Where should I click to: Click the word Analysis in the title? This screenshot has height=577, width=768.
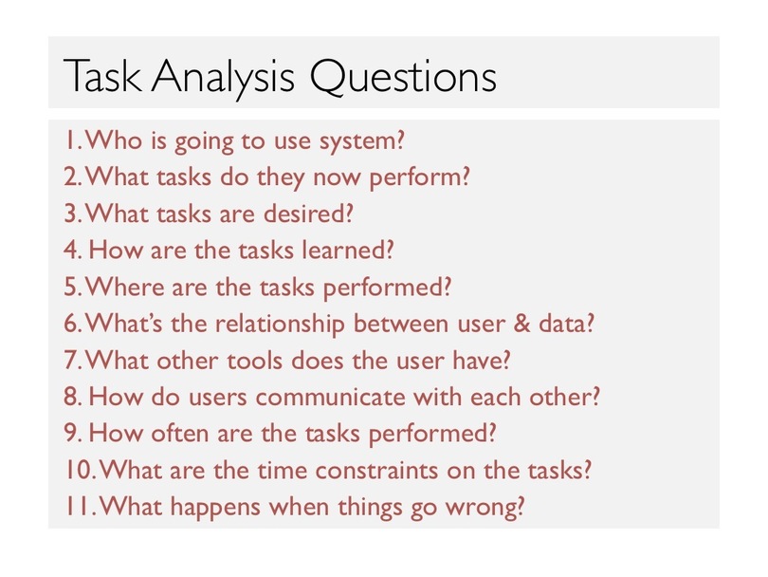tap(223, 78)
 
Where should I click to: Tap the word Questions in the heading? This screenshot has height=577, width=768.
tap(403, 77)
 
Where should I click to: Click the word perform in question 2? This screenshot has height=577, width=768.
tap(415, 177)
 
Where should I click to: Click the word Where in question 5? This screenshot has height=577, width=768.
tap(125, 287)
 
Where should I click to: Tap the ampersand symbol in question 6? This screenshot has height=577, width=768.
tap(521, 324)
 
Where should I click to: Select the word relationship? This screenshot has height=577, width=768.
tap(280, 324)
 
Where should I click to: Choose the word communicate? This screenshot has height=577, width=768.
tap(331, 397)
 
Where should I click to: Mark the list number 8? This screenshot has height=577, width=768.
tap(72, 397)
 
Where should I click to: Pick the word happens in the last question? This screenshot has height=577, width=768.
tap(215, 507)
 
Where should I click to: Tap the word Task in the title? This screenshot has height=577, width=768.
tap(102, 77)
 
